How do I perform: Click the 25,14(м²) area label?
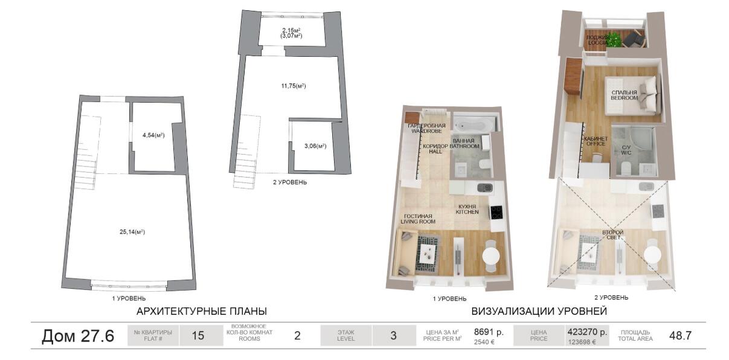(x=132, y=232)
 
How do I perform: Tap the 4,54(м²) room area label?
(x=153, y=135)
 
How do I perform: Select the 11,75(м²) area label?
(x=293, y=86)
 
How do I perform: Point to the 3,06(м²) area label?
(x=315, y=146)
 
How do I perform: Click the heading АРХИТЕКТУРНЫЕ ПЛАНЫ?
(x=202, y=311)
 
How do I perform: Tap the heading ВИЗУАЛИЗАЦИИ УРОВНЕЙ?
(x=539, y=311)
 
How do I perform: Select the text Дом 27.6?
(x=78, y=336)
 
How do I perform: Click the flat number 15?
(x=198, y=336)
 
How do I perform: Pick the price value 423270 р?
(x=588, y=332)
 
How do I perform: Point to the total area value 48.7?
(x=680, y=336)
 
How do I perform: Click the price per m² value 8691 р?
(x=489, y=332)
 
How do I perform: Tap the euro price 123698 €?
(x=582, y=342)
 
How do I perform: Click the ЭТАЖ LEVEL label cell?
(x=345, y=335)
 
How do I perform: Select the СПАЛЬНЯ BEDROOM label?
(x=624, y=95)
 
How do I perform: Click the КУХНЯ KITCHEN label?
(x=467, y=209)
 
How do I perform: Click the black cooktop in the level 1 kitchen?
(x=496, y=213)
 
